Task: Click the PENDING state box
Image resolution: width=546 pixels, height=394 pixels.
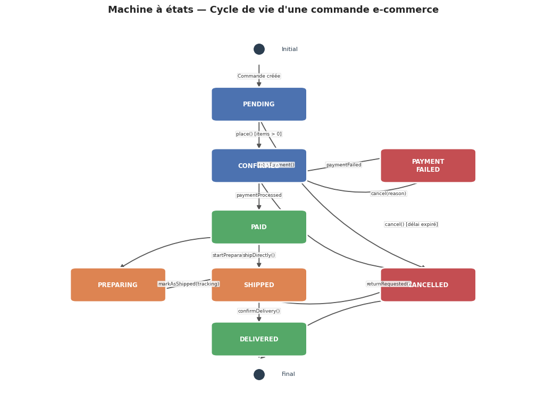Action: [259, 104]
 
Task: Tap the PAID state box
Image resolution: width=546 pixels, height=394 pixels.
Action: [259, 227]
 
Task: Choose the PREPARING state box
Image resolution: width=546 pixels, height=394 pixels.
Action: [118, 285]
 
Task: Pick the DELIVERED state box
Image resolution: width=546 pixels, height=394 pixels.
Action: [259, 339]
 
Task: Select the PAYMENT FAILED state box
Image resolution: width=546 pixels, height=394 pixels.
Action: [428, 165]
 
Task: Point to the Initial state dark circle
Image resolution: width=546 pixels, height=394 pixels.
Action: [259, 49]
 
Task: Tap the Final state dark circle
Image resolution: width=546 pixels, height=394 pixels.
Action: [259, 374]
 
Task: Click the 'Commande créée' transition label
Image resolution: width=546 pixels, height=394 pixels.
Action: [259, 76]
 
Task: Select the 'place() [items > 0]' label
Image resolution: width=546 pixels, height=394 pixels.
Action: [259, 134]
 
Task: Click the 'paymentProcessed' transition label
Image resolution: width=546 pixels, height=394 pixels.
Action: [259, 195]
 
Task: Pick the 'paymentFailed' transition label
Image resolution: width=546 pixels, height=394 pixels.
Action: [343, 165]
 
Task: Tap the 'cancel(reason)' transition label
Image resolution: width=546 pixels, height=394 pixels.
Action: [389, 194]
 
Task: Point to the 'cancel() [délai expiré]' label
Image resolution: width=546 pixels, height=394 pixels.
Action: [411, 224]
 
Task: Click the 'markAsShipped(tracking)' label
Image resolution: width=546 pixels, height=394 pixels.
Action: [189, 284]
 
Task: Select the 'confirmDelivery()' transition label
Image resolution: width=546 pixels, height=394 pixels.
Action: [259, 311]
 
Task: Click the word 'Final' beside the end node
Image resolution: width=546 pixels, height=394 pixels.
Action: [288, 374]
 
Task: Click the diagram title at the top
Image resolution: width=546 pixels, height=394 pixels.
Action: [273, 10]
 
